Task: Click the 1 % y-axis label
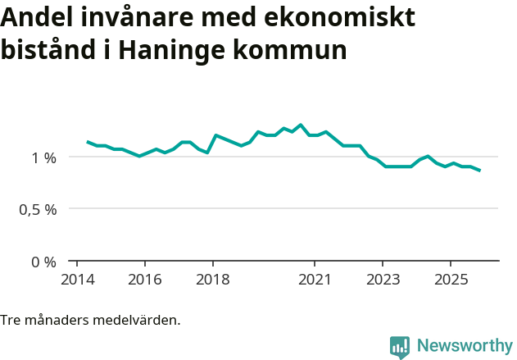point(44,157)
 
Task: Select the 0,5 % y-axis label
point(39,209)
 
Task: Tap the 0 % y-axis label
point(44,262)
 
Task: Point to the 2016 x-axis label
point(144,279)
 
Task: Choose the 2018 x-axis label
point(212,279)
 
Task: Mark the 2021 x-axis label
point(314,279)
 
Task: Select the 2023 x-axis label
point(382,279)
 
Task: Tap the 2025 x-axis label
point(450,279)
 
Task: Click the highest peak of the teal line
point(301,125)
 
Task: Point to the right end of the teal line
point(480,171)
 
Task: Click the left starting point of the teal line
point(88,142)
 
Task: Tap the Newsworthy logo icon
point(400,346)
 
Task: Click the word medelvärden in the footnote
point(139,320)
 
